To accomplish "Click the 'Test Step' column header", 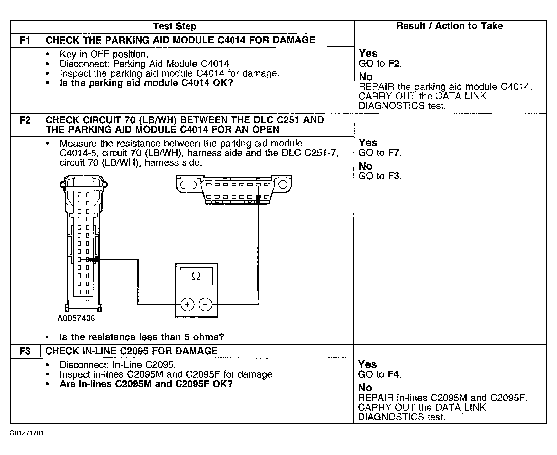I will [175, 27].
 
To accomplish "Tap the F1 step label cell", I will [25, 40].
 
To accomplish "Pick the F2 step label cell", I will [25, 120].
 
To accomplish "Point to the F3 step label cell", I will [25, 351].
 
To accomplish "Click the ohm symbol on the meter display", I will [196, 276].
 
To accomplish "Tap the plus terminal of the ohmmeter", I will [187, 304].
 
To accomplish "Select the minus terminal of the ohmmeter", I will [205, 304].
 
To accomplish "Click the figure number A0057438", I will [76, 319].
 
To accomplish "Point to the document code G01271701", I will [26, 433].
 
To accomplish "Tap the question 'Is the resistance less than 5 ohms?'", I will [142, 337].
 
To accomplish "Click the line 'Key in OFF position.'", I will [104, 54].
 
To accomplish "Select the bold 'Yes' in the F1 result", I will [368, 54].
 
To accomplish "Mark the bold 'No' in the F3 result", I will [365, 388].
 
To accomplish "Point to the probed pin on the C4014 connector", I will [88, 260].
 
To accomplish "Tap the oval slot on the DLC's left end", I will [189, 185].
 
